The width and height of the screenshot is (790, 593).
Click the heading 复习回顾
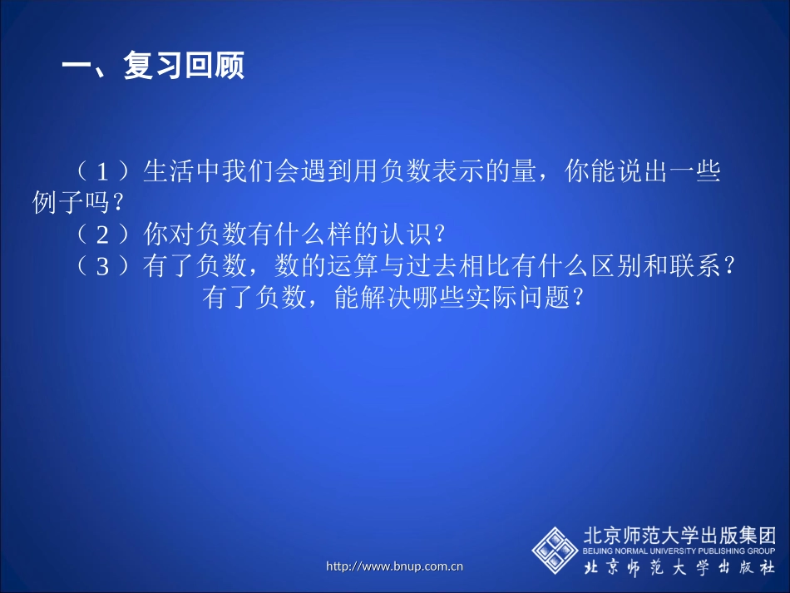click(x=184, y=67)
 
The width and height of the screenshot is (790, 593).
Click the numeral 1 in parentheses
click(x=103, y=172)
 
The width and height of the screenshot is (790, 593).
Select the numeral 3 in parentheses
click(x=103, y=267)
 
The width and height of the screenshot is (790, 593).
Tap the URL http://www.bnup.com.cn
click(x=394, y=566)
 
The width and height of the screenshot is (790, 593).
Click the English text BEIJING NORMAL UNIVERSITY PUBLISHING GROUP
click(x=679, y=551)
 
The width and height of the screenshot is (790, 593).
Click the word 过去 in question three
click(x=453, y=267)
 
